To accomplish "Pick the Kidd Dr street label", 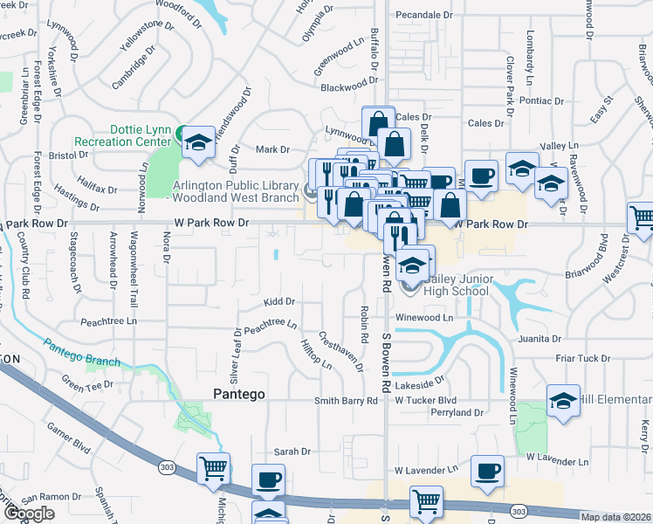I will pos(279,302).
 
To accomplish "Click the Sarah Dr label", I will pos(292,452).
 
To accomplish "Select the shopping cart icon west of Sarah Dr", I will pos(213,469).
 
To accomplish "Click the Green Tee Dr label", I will pos(87,383).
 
